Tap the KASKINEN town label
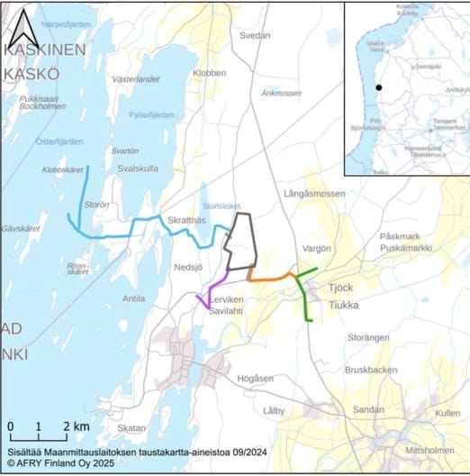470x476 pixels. point(44,51)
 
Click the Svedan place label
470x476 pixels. point(255,35)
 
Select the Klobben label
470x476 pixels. point(209,71)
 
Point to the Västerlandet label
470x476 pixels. point(135,79)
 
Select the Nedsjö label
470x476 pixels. point(190,267)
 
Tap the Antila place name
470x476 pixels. point(133,297)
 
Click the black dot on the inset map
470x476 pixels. point(380,87)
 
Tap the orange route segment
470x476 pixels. point(269,278)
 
